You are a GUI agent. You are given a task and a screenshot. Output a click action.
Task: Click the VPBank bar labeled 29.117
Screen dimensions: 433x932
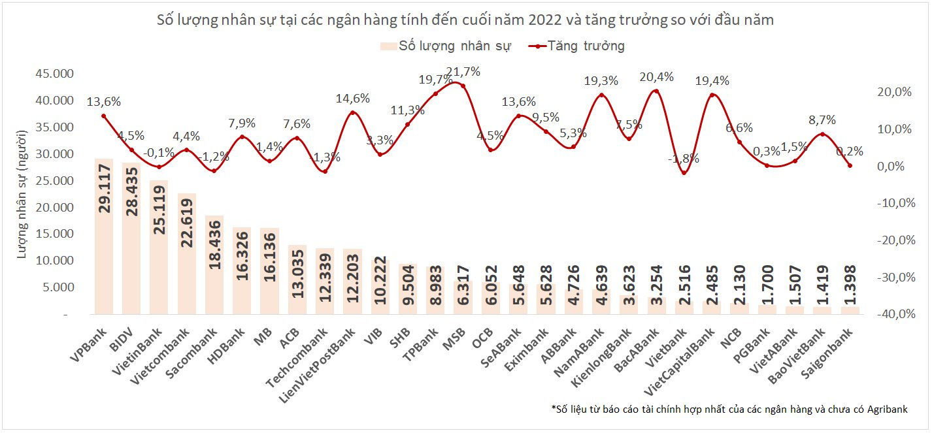click(103, 235)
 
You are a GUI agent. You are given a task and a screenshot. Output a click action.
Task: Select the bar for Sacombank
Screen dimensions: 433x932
click(214, 265)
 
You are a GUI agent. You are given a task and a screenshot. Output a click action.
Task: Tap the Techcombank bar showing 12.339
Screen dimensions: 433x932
click(325, 281)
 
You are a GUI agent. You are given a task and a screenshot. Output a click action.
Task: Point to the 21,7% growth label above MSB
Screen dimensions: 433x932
click(463, 72)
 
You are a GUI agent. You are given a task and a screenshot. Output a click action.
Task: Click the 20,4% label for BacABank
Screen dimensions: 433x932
click(656, 77)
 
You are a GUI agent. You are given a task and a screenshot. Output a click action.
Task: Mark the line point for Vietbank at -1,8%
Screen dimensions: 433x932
click(684, 172)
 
